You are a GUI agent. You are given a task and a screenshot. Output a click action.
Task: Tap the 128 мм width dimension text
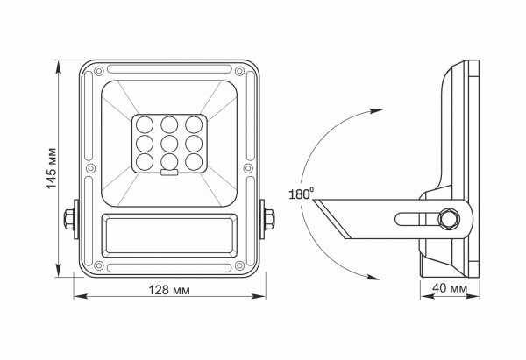(169, 289)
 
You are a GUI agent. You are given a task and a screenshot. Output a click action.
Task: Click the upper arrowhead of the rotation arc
(376, 111)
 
